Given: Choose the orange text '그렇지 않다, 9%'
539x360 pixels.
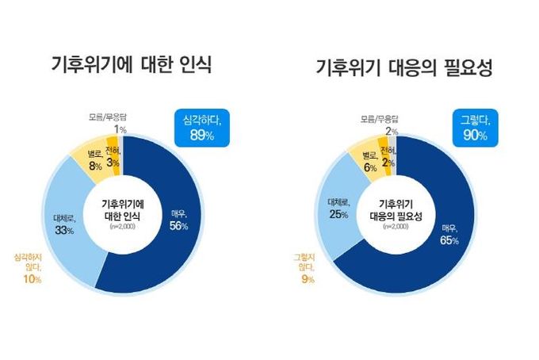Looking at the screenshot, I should [x=304, y=268].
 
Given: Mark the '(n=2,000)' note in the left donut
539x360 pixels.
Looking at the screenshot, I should [x=123, y=226].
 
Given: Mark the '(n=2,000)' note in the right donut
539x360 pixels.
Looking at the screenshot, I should [x=394, y=227].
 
